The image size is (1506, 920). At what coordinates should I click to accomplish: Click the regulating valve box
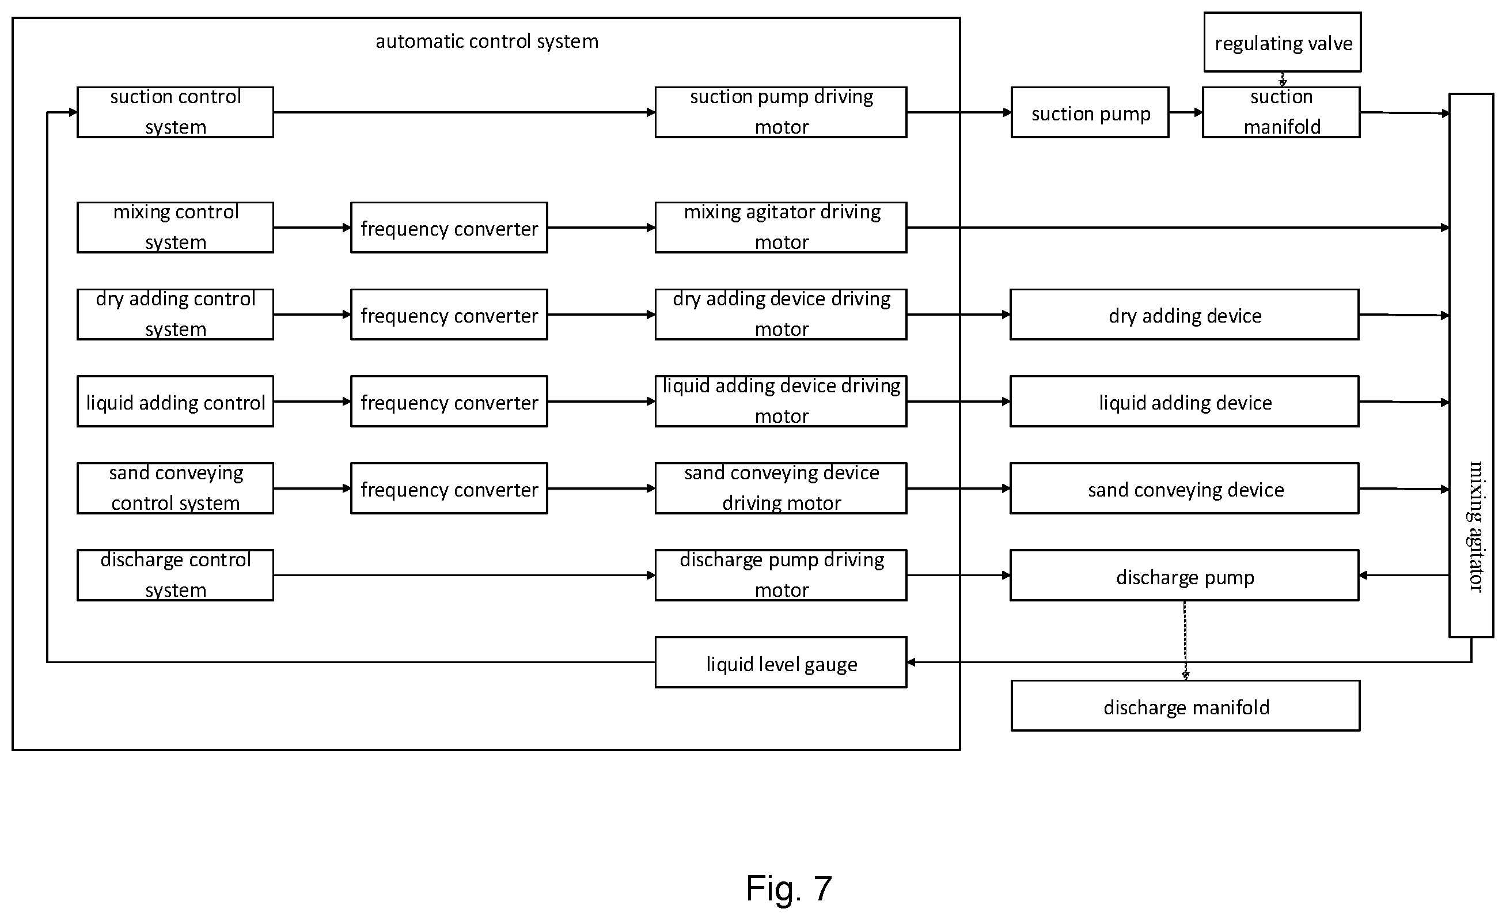[1283, 42]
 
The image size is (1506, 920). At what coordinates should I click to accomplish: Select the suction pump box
[1090, 112]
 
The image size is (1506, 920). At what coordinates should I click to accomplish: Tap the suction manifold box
[1281, 112]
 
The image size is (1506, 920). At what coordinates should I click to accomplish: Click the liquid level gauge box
[780, 662]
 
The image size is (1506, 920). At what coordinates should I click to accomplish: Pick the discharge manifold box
[1185, 706]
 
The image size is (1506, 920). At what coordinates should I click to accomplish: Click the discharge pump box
[1185, 576]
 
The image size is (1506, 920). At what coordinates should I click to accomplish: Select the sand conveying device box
[1185, 489]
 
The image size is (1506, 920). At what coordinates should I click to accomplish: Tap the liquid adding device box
[1185, 402]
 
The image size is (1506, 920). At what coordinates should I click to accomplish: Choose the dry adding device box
[1185, 315]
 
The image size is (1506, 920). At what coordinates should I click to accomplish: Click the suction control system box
[176, 112]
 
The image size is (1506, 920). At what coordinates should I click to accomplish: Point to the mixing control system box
[176, 228]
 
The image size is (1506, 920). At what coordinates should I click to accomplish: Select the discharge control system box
[176, 576]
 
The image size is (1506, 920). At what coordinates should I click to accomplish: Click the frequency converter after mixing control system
[449, 228]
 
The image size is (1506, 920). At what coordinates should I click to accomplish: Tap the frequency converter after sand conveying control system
[449, 489]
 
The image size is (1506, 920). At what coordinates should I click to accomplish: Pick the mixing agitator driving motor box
[780, 228]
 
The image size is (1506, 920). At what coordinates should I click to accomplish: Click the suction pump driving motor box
[780, 112]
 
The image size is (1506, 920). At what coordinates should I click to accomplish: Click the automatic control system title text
[487, 41]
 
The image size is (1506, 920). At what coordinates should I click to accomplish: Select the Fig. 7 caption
[788, 888]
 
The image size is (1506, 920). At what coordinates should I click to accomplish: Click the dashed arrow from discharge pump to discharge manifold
[1185, 641]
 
